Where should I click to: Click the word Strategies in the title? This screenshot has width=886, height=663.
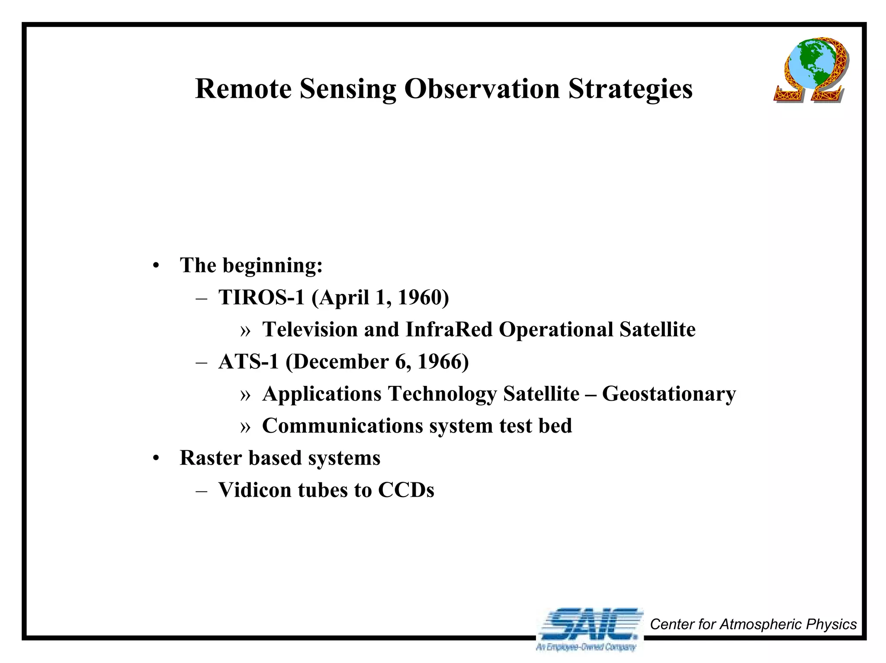point(630,89)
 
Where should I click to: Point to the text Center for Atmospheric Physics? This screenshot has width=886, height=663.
point(753,624)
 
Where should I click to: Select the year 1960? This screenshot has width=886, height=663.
point(422,297)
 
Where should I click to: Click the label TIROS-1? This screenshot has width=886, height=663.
point(261,297)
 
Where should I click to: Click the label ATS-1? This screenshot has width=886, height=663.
point(248,362)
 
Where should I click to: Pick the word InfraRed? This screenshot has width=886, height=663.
point(449,330)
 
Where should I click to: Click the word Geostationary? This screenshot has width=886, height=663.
point(668,394)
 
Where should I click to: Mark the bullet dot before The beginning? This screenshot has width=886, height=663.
point(156,266)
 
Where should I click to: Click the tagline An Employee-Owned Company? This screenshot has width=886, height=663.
point(586,647)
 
